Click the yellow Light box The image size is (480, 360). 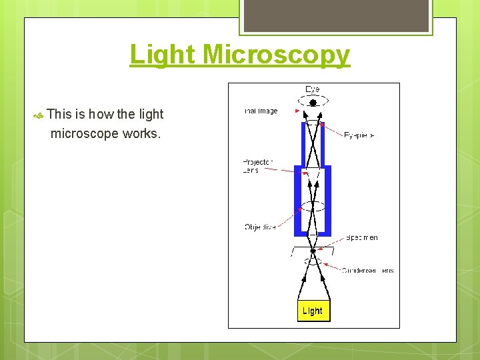pyautogui.click(x=312, y=311)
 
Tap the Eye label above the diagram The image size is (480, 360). pyautogui.click(x=312, y=89)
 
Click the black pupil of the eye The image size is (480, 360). pyautogui.click(x=313, y=103)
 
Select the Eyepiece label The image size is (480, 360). pyautogui.click(x=359, y=135)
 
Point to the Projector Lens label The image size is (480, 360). pyautogui.click(x=257, y=165)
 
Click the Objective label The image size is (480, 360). pyautogui.click(x=259, y=227)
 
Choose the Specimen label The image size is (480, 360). pyautogui.click(x=361, y=237)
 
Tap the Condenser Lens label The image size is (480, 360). pyautogui.click(x=367, y=271)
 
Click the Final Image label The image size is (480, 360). pyautogui.click(x=261, y=111)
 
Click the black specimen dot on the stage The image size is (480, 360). pyautogui.click(x=313, y=251)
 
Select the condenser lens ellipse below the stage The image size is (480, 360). pyautogui.click(x=313, y=261)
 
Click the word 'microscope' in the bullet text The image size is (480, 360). pyautogui.click(x=85, y=133)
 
